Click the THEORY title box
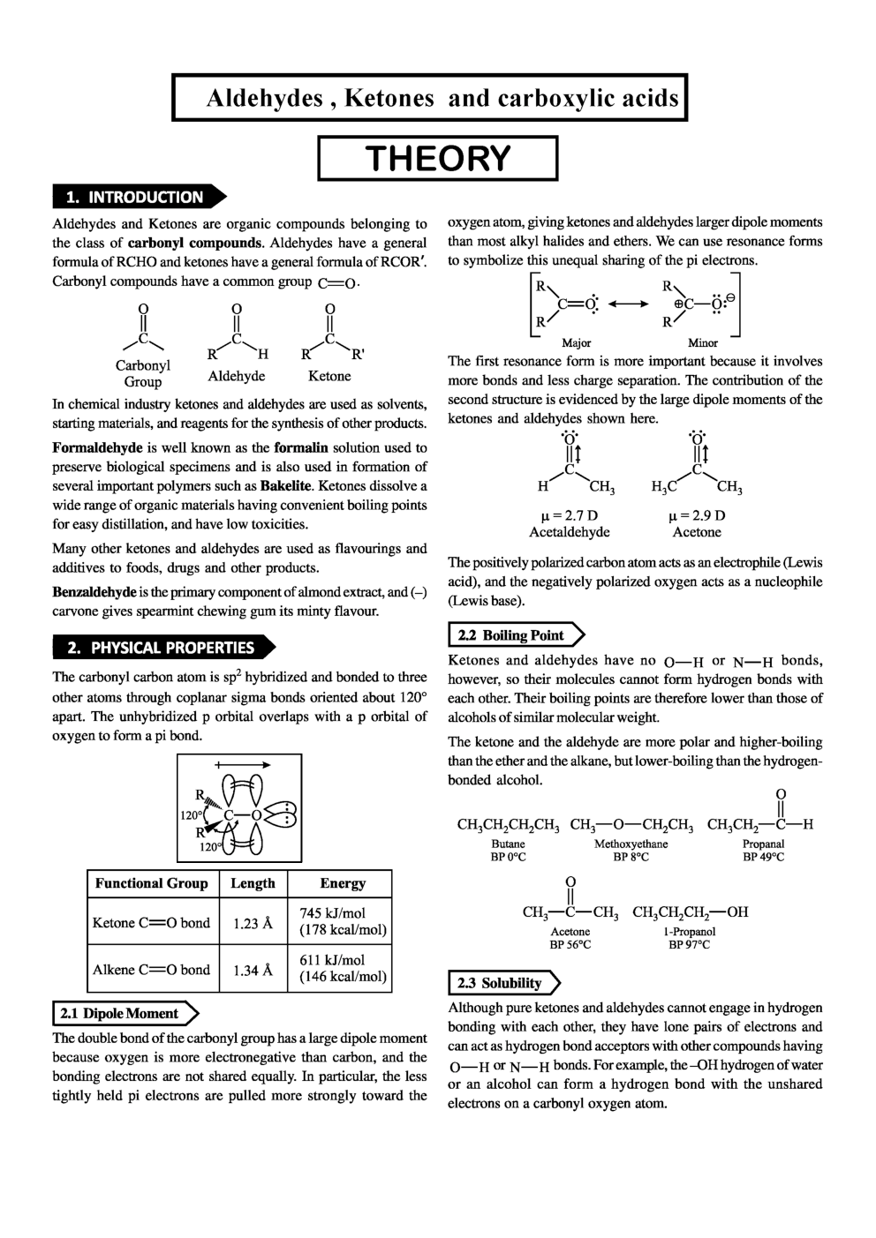pos(438,158)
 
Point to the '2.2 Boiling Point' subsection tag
pos(515,634)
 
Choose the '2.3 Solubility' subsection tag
pos(502,982)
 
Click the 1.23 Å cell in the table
pos(253,923)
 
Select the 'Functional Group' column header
pos(151,883)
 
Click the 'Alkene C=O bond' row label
pos(151,970)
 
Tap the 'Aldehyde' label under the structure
pos(237,376)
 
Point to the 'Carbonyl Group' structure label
pos(142,373)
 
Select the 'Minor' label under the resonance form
pos(703,342)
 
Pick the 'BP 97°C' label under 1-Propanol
pos(689,944)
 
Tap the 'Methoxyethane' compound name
pos(631,844)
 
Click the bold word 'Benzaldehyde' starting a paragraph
pos(94,592)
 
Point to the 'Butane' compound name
pos(508,844)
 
